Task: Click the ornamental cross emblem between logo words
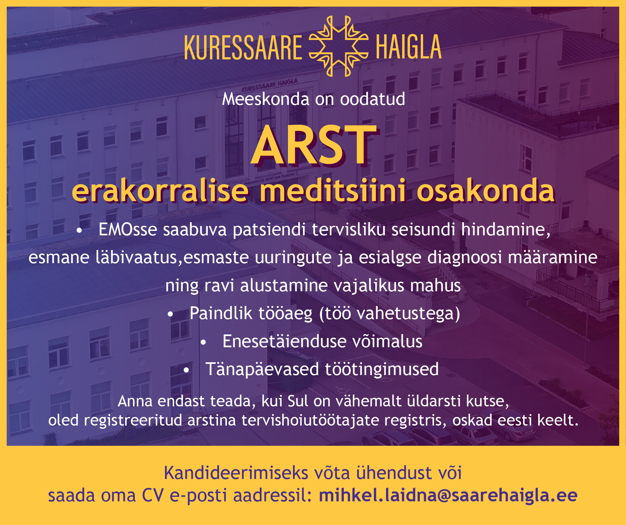pyautogui.click(x=339, y=46)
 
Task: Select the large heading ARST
pyautogui.click(x=314, y=145)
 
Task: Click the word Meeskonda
pyautogui.click(x=266, y=99)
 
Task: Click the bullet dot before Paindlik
pyautogui.click(x=170, y=314)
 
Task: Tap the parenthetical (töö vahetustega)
pyautogui.click(x=390, y=313)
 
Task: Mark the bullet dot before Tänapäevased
pyautogui.click(x=187, y=370)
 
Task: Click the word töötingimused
pyautogui.click(x=382, y=369)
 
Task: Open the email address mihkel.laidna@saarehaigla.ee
pyautogui.click(x=448, y=495)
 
